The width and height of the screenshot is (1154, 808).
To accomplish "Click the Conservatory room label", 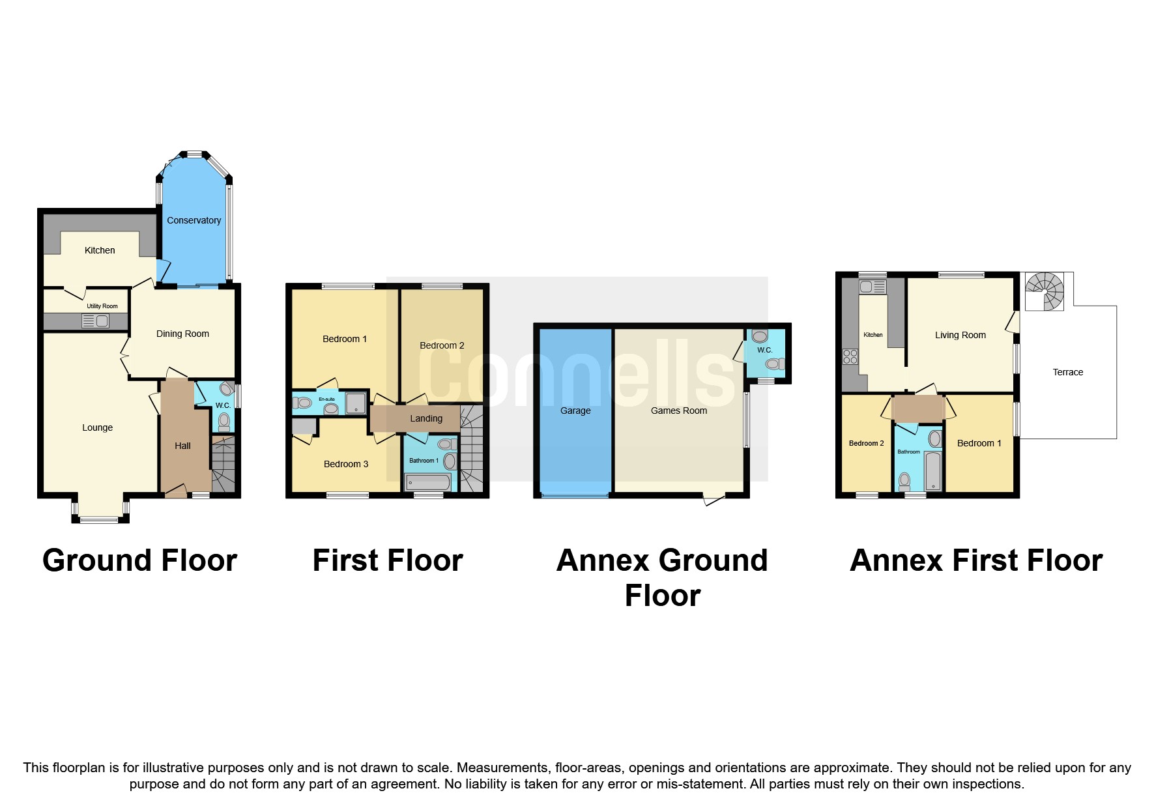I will (194, 220).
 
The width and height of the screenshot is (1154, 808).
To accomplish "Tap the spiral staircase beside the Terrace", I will (1045, 291).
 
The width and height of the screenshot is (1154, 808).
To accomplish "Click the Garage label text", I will (575, 411).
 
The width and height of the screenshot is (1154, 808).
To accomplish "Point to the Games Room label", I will (678, 411).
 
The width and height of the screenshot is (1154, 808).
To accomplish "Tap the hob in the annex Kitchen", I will (850, 356).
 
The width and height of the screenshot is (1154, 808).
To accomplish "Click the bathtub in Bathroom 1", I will (427, 483).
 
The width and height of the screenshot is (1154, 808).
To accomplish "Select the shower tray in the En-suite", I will (356, 403).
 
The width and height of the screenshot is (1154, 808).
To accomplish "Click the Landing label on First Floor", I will (426, 418).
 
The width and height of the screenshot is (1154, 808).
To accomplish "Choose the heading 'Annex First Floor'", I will (975, 560).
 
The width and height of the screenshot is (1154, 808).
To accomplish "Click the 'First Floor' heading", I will (388, 560).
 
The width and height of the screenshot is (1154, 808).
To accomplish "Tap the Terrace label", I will (1067, 372).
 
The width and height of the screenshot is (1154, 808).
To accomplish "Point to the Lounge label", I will (97, 427).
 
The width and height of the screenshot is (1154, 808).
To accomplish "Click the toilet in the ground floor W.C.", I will (224, 422).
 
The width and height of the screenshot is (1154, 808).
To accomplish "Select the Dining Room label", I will (182, 334).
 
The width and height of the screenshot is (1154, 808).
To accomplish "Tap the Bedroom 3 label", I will (346, 464).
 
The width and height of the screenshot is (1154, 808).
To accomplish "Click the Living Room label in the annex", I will (960, 335).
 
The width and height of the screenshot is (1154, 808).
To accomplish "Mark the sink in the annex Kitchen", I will (873, 287).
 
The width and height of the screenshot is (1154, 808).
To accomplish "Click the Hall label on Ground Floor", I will (182, 446).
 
